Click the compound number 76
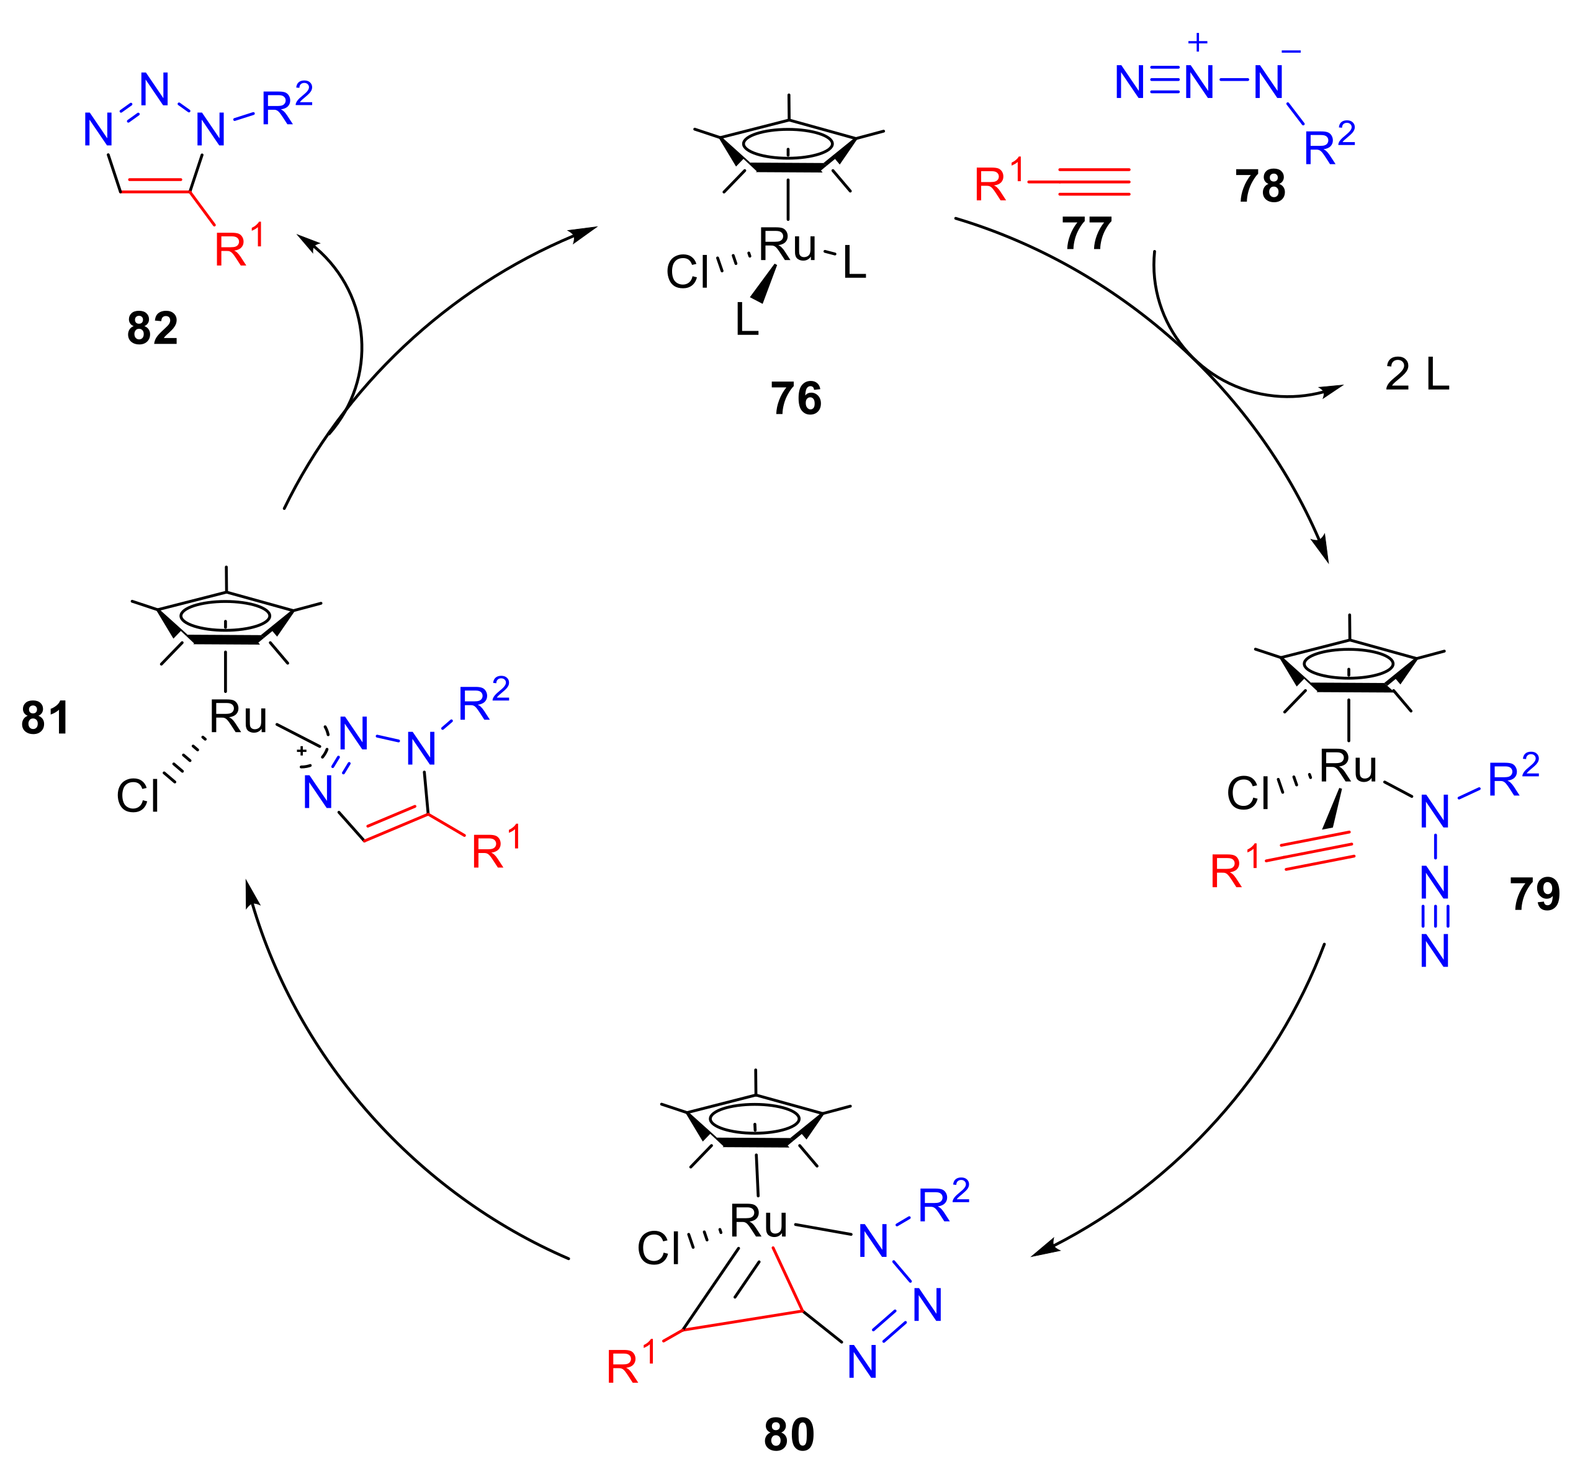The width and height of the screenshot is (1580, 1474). point(796,398)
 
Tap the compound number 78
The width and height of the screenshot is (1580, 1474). point(1260,186)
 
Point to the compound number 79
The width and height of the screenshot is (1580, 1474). point(1535,894)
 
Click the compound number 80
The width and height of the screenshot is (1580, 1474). point(789,1434)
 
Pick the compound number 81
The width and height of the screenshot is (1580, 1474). point(45,718)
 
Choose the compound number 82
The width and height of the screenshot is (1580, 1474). point(152,328)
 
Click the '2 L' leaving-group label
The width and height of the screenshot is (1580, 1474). point(1417,374)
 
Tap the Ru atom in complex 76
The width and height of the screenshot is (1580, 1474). point(787,246)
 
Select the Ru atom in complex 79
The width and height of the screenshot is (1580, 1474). point(1348,767)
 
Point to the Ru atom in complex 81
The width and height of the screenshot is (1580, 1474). point(238,718)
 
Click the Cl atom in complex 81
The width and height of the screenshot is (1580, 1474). point(138,795)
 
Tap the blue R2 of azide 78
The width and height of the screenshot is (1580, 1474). point(1329,145)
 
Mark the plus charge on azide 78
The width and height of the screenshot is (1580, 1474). point(1198,42)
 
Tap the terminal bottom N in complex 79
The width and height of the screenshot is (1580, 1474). point(1435,951)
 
